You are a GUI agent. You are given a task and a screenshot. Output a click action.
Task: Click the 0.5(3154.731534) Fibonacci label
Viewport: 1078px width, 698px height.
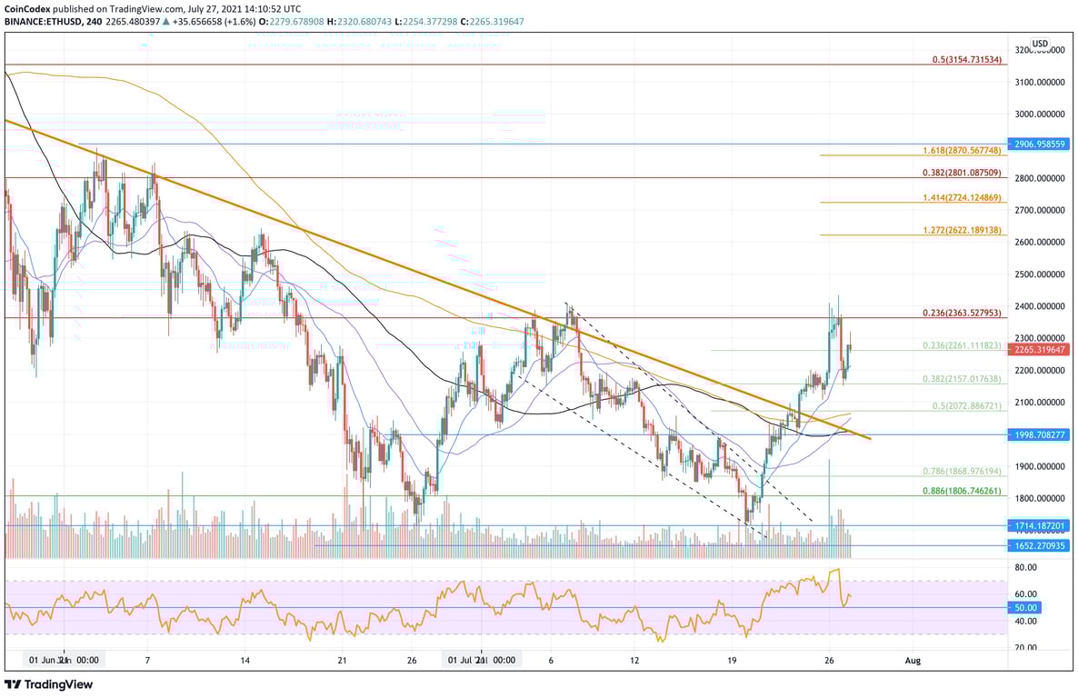966,59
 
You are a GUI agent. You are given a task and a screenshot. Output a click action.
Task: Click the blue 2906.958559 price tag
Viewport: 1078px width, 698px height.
1041,144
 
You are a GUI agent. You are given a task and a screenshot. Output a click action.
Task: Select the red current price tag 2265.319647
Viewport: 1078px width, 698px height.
1041,349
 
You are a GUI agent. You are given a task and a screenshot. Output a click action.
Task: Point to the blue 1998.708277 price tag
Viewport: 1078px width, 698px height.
1041,434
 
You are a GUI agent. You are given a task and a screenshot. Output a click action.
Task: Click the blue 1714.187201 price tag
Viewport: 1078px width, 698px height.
1041,525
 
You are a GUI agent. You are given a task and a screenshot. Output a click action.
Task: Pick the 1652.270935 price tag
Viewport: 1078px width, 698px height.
1041,545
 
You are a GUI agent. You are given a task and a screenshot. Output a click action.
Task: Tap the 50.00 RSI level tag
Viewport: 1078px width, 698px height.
1026,607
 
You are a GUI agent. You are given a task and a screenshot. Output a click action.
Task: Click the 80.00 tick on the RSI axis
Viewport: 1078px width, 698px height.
1025,567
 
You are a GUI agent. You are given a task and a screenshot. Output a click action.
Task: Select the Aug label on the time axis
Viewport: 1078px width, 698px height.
913,661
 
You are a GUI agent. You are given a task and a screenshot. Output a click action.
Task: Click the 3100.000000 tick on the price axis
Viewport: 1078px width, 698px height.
1040,82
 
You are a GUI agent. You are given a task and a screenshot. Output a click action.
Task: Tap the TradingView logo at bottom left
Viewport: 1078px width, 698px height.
49,684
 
